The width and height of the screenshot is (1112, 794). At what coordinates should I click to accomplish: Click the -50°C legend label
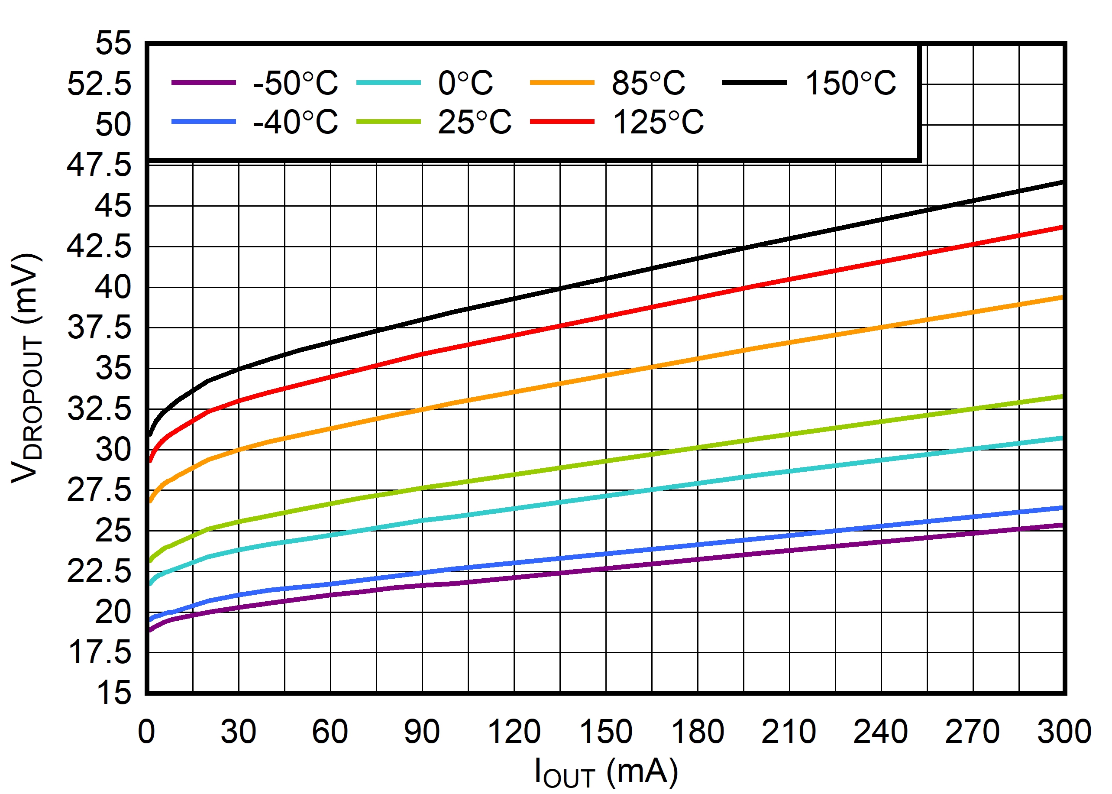tap(295, 83)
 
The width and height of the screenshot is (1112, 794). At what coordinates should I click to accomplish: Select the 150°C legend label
tap(850, 83)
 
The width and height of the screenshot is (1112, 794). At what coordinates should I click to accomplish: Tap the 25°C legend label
tap(474, 122)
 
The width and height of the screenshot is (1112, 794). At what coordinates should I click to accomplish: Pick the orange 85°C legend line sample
tap(562, 83)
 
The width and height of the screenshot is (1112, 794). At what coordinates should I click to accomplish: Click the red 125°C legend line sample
tap(562, 122)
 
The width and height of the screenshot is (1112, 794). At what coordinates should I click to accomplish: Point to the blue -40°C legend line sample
tap(204, 122)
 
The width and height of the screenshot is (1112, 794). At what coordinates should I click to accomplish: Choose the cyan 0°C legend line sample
tap(388, 83)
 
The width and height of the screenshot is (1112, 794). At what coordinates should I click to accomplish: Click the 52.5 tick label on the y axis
tap(99, 84)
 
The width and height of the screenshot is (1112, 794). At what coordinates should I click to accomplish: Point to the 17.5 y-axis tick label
tap(99, 652)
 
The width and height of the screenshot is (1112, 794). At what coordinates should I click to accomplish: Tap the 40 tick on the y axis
tap(113, 287)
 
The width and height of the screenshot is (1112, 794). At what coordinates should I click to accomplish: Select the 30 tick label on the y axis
tap(113, 449)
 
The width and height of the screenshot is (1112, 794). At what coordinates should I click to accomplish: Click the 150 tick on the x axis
tap(606, 732)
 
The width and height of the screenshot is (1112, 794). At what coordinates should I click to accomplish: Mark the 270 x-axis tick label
tap(972, 732)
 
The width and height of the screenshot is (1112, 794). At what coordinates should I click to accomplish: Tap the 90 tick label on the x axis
tap(422, 732)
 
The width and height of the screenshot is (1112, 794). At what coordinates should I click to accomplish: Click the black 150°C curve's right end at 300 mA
tap(1062, 182)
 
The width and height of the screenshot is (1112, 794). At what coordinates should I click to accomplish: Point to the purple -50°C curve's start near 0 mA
tap(150, 630)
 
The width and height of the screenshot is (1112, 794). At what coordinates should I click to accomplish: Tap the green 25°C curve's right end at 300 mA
tap(1062, 396)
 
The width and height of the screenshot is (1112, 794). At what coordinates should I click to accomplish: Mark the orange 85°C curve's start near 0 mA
tap(151, 501)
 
